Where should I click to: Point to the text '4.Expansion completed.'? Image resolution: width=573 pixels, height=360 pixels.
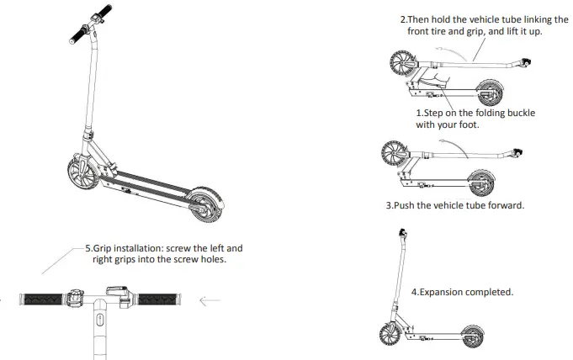[x=462, y=292]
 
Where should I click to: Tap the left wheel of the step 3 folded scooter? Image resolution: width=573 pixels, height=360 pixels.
[x=393, y=154]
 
